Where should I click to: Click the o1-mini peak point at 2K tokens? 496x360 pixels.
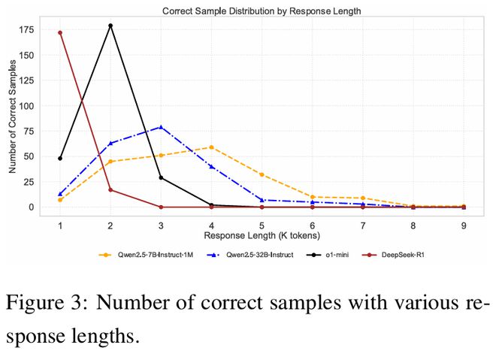(x=110, y=26)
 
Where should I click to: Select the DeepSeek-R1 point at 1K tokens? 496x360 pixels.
(x=60, y=32)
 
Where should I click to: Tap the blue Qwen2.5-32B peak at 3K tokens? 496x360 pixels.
(x=161, y=127)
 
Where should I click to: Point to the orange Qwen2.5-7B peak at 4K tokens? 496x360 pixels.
(x=211, y=147)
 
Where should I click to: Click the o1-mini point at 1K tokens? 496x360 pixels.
(x=60, y=158)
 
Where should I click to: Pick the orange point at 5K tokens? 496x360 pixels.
(x=262, y=174)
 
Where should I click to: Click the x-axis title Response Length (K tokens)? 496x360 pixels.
(x=261, y=237)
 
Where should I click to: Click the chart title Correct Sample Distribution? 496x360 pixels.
(x=262, y=11)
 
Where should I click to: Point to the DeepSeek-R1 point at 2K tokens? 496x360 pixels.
(x=110, y=189)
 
